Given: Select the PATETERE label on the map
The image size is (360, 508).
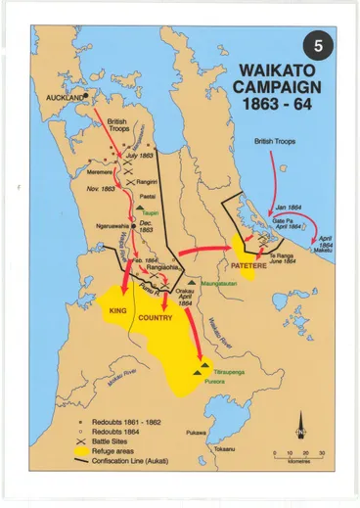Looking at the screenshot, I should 251,263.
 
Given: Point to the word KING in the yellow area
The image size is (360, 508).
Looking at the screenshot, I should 118,308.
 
